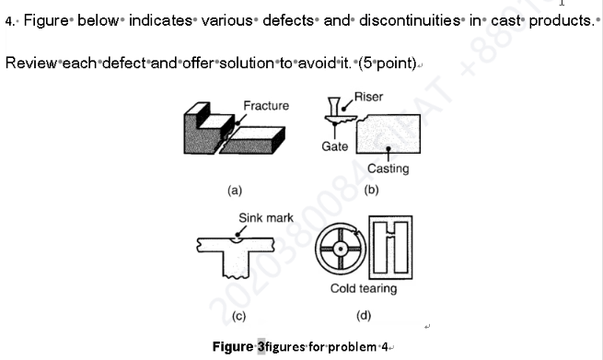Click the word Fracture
coord(266,106)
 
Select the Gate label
coord(335,147)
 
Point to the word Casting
coord(388,168)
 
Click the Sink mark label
coord(266,218)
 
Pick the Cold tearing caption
coord(364,288)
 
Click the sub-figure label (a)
coord(235,191)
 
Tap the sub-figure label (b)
coord(371,191)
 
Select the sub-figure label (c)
coord(238,316)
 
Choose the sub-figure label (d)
coord(364,316)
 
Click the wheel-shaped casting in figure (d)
coord(339,249)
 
